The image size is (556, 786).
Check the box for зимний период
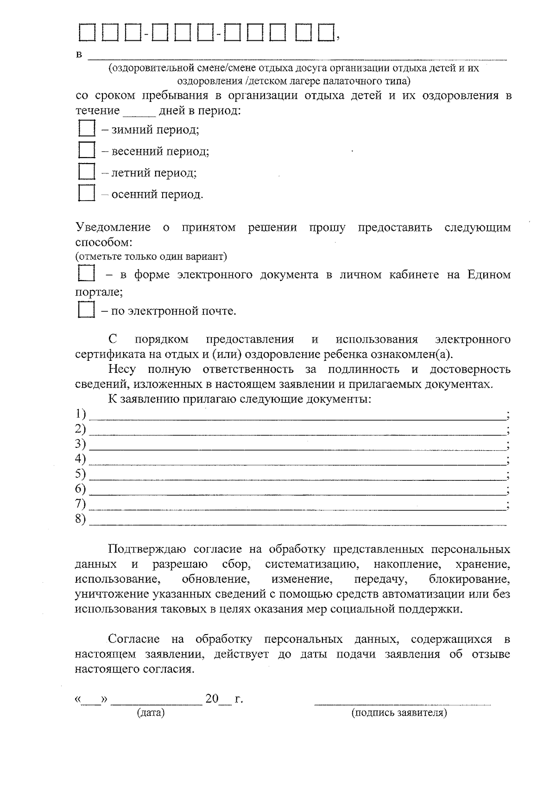click(87, 128)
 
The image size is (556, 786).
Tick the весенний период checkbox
click(87, 150)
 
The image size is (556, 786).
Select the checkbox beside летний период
click(87, 171)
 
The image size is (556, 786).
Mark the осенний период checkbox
click(87, 193)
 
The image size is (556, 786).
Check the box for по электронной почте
click(87, 309)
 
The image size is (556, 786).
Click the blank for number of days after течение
click(139, 112)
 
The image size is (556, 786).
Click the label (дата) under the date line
click(151, 713)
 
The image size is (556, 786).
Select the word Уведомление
click(113, 227)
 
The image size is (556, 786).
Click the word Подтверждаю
click(147, 550)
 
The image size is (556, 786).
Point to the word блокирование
click(469, 579)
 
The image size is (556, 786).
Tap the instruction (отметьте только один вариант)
click(151, 257)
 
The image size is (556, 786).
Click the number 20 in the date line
click(212, 698)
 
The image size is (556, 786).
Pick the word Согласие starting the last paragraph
click(134, 640)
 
